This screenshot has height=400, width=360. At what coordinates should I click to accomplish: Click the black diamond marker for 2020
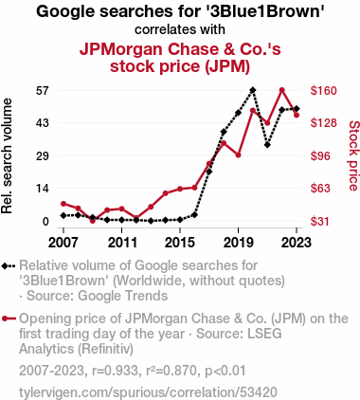tap(253, 90)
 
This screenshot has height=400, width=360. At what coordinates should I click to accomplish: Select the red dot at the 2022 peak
tap(282, 90)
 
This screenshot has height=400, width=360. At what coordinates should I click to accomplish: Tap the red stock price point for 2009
tap(93, 221)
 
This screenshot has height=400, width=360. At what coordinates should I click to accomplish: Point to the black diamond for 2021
tap(267, 145)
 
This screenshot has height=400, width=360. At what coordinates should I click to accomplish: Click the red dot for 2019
tap(239, 155)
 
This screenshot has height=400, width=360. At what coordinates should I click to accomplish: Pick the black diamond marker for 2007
tap(63, 215)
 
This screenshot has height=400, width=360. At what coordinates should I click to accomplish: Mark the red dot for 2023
tap(297, 116)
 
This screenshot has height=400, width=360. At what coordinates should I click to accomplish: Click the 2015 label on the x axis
tap(180, 243)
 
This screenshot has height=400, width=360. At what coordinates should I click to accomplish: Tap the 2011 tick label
tap(122, 243)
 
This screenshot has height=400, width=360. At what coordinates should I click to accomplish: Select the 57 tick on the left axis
tap(44, 91)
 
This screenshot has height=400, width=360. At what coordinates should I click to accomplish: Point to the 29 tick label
tap(44, 155)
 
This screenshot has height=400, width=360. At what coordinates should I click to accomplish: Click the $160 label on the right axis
tap(324, 91)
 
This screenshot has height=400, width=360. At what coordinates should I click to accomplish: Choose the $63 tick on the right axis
tap(320, 189)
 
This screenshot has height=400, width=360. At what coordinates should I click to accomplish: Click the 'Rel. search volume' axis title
tap(7, 155)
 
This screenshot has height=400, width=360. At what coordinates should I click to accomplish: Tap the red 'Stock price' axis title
tap(354, 155)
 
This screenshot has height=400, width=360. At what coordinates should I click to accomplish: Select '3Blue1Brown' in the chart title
tap(265, 11)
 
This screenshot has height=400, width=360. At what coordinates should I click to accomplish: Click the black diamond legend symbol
tap(9, 266)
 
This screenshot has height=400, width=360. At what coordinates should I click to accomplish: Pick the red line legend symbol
tap(9, 318)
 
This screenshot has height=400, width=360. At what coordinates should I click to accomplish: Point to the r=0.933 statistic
tap(116, 371)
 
